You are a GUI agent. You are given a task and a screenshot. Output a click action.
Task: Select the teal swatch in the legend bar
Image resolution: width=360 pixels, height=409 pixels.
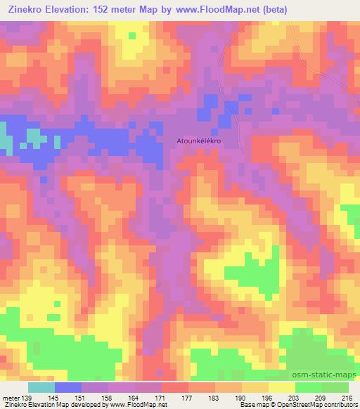41,388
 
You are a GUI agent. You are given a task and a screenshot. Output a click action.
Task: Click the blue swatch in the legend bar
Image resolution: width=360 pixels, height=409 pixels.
68,388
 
